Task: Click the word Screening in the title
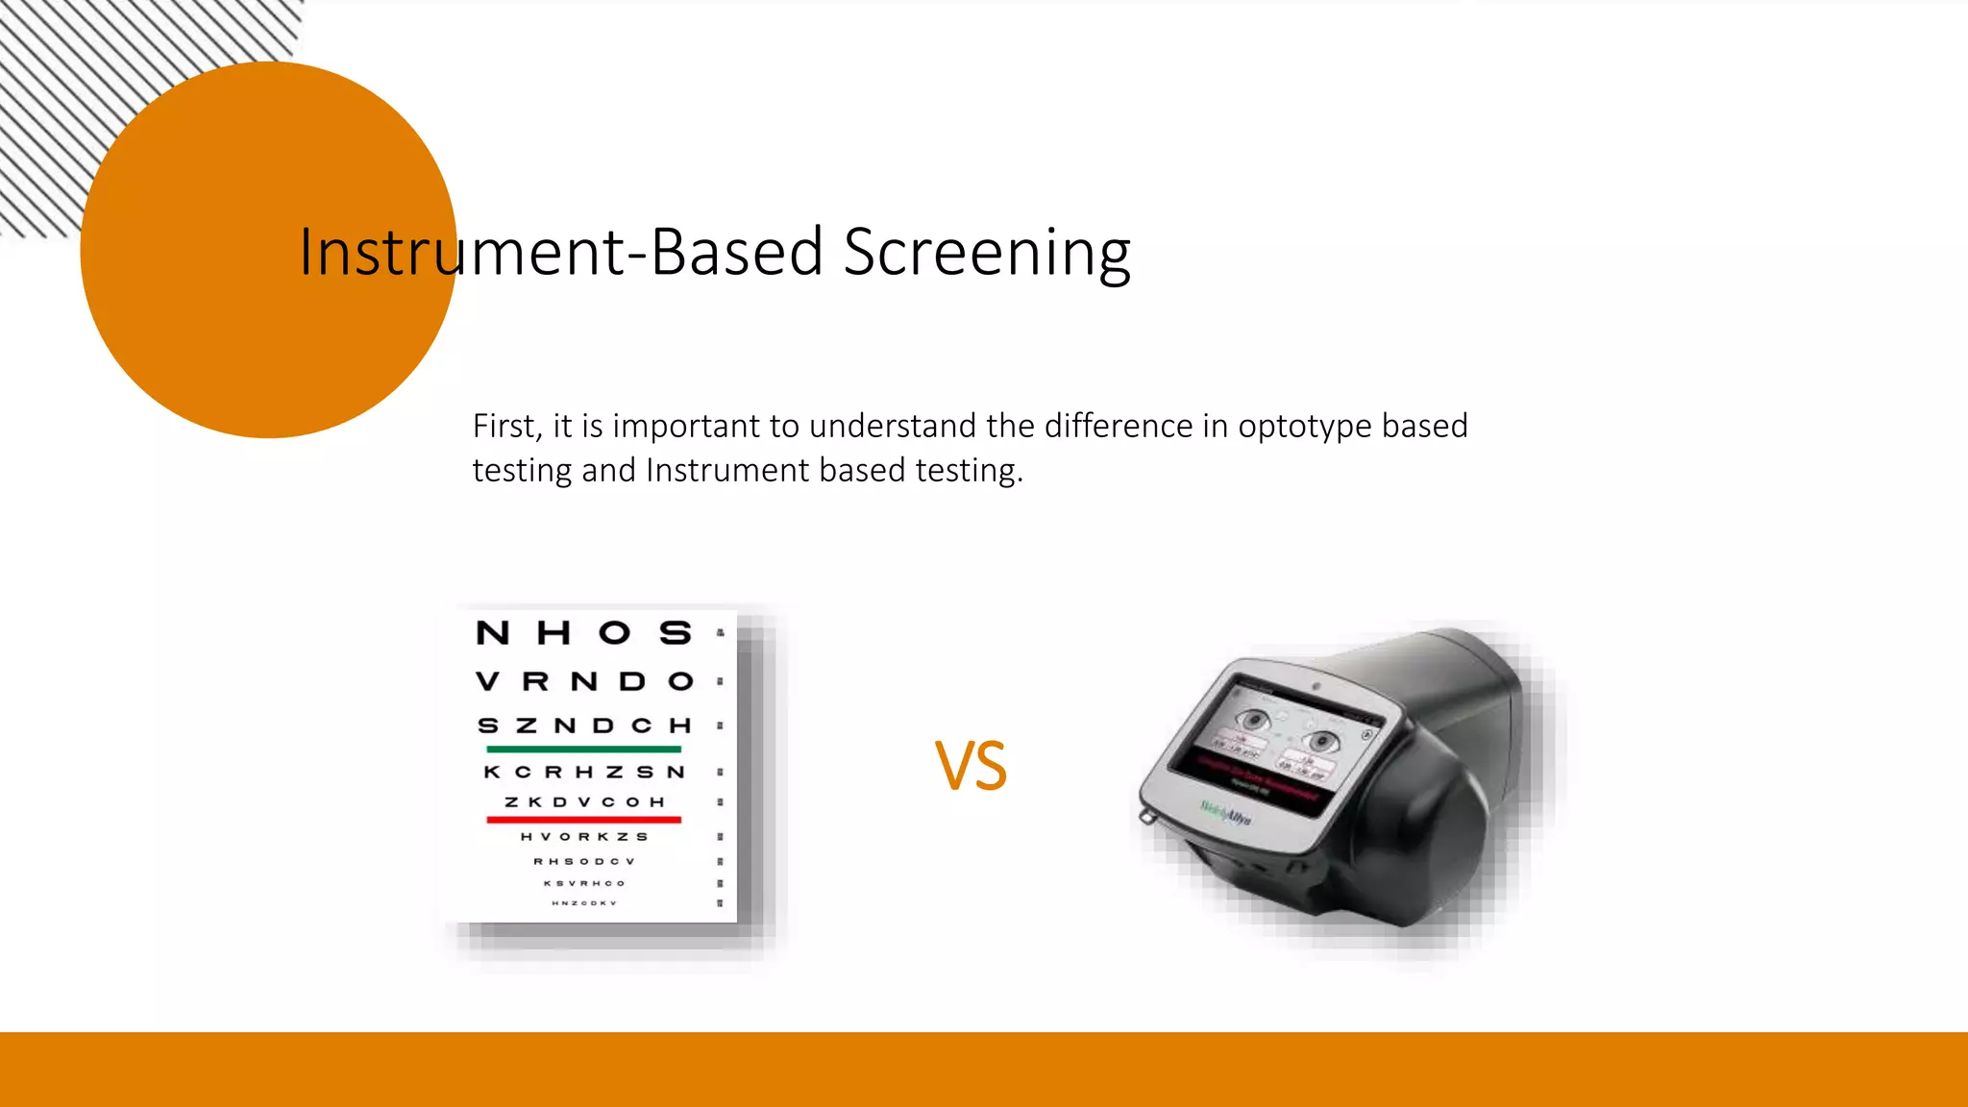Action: click(x=987, y=253)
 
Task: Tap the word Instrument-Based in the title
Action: click(x=561, y=253)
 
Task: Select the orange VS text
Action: click(x=971, y=767)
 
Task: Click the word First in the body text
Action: click(x=506, y=426)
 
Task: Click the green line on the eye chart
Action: click(x=583, y=749)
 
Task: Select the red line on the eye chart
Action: click(x=583, y=820)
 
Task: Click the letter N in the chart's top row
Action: click(x=493, y=633)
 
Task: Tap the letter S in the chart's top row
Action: click(x=676, y=633)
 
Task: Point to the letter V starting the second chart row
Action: click(x=487, y=682)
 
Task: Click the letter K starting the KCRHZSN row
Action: click(x=492, y=772)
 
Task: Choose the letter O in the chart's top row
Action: click(x=615, y=633)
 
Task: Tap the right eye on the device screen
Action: click(x=1323, y=741)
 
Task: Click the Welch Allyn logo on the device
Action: click(x=1225, y=813)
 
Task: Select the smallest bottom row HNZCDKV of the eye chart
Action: click(x=583, y=903)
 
